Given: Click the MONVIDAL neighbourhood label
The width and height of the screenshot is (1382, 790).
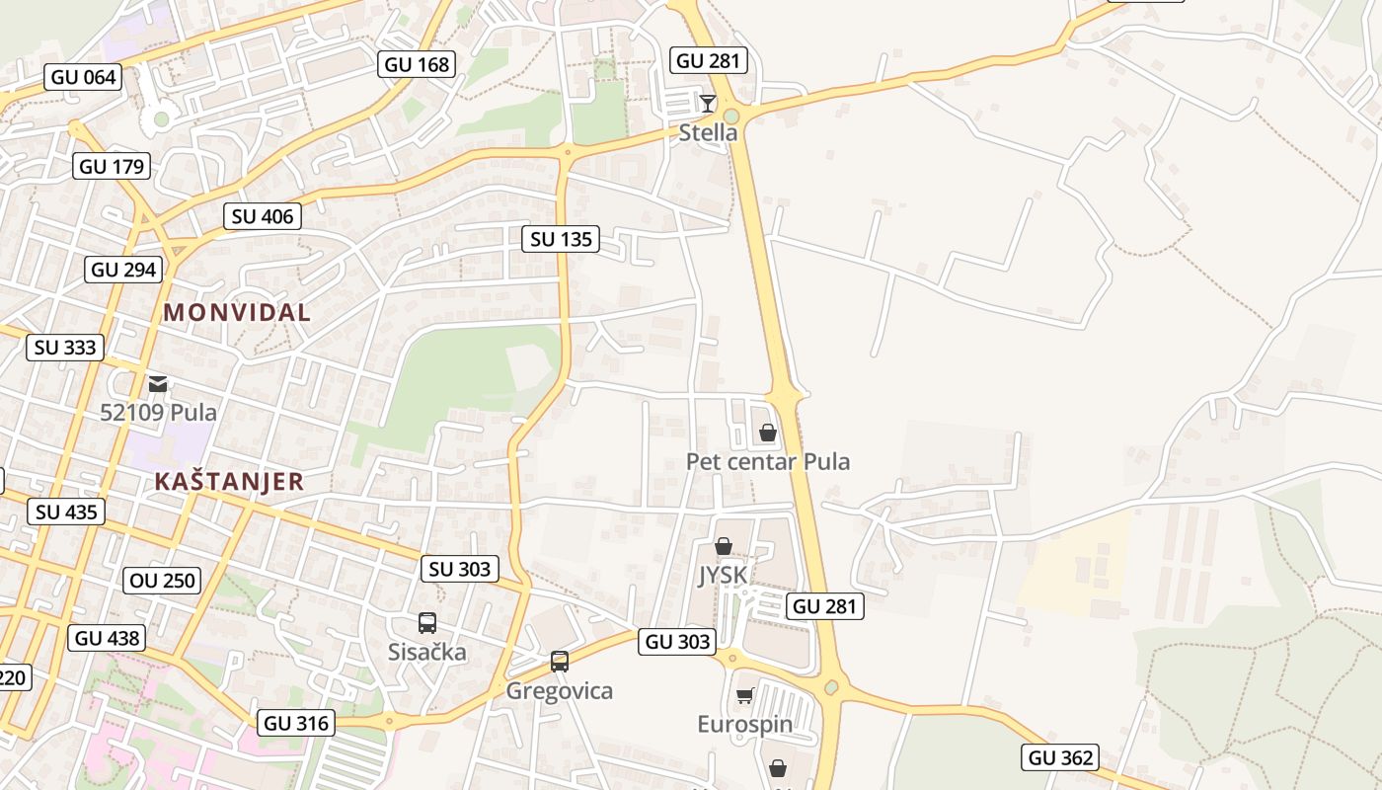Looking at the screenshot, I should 237,313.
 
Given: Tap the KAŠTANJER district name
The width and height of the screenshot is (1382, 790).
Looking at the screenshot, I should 229,482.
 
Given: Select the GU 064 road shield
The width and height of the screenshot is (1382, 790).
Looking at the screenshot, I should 83,77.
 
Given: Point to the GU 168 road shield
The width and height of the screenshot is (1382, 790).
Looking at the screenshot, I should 417,65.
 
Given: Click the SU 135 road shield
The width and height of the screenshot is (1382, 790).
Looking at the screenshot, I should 561,239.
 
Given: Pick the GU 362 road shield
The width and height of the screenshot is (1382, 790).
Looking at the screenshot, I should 1060,757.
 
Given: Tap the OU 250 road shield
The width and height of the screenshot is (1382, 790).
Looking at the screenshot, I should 163,581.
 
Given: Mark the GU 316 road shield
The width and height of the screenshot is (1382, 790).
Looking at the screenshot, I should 296,723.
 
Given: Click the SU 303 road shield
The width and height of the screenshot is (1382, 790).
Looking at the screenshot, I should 460,569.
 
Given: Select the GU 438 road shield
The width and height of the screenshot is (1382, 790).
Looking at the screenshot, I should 108,638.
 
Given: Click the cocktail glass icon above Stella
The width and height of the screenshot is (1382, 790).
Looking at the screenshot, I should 708,103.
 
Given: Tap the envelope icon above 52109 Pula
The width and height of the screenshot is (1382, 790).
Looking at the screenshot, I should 158,383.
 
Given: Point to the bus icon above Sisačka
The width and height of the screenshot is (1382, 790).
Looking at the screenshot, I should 427,623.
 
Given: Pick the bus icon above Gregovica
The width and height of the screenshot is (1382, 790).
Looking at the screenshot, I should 560,662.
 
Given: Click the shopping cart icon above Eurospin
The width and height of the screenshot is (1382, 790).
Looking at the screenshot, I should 744,696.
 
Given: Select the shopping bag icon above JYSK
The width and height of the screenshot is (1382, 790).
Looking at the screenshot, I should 724,546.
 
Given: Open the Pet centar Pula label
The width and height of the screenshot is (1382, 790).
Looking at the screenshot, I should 768,462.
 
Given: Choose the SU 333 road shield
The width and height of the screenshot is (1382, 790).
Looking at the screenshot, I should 65,348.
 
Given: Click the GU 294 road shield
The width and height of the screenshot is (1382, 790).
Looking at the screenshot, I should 123,270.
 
